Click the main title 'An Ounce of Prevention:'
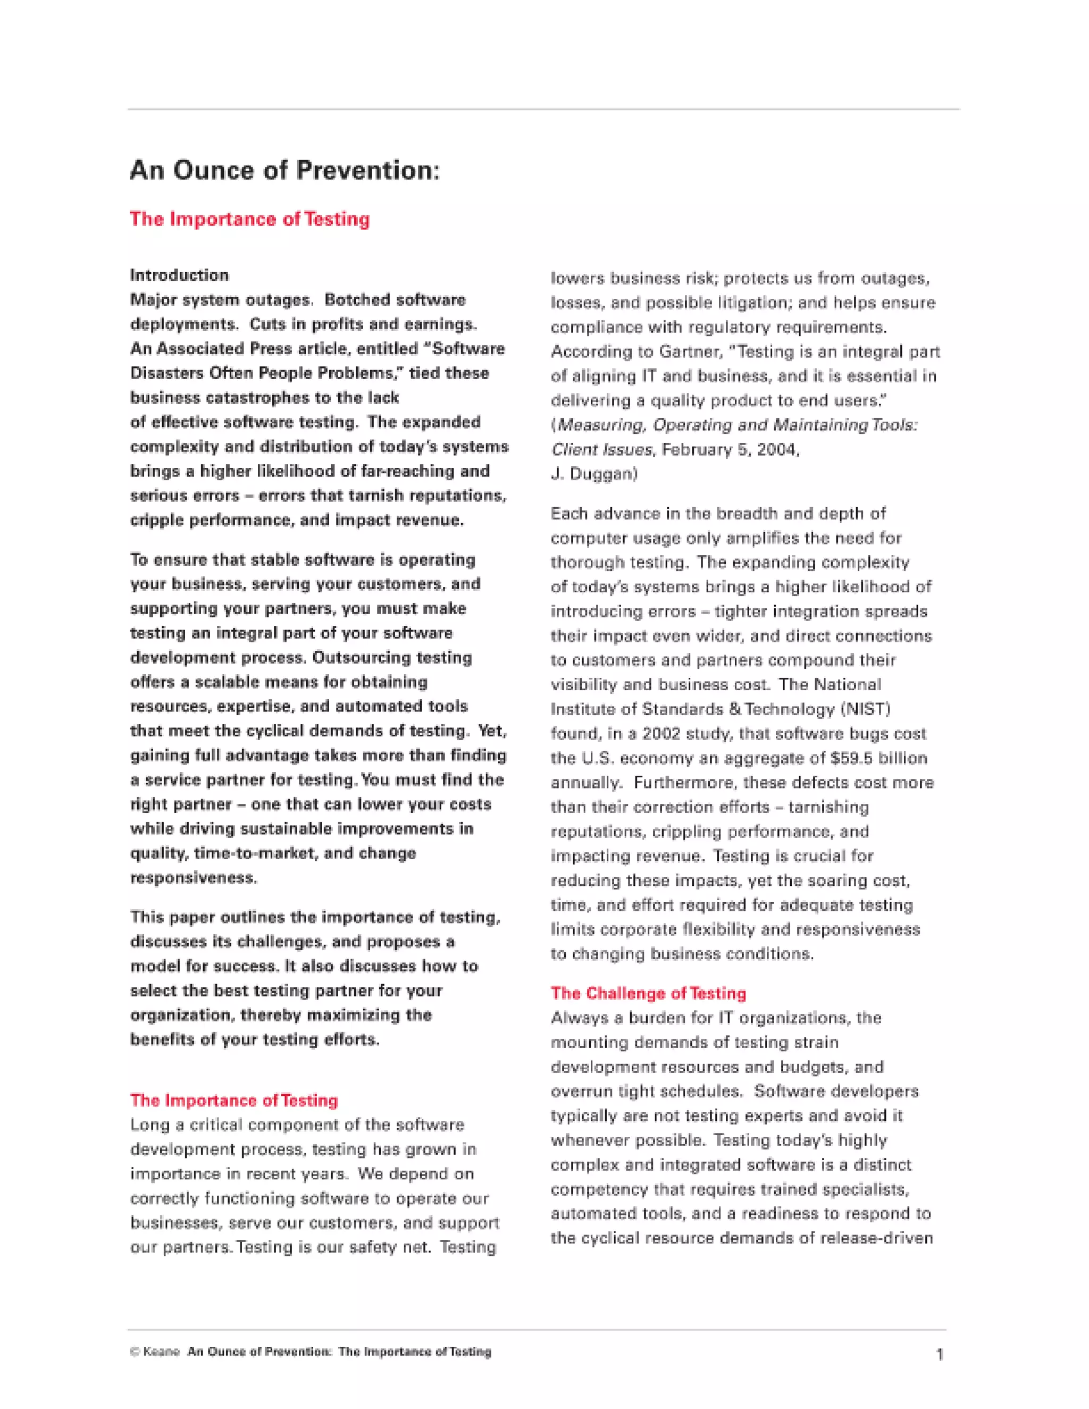[284, 170]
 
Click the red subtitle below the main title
[250, 220]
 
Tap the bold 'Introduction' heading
[179, 275]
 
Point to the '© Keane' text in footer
[155, 1352]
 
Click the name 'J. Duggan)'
[593, 474]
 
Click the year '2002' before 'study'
[662, 734]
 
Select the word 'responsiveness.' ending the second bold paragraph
[194, 878]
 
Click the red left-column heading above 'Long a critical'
[233, 1100]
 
